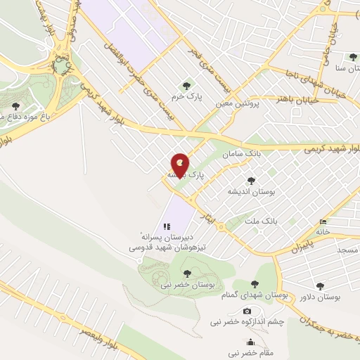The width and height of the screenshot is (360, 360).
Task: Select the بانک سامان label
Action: click(237, 153)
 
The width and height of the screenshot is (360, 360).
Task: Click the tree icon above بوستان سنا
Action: click(352, 57)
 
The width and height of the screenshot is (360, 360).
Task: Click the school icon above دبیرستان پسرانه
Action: click(167, 226)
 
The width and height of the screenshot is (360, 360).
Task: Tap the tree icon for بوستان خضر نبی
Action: click(187, 274)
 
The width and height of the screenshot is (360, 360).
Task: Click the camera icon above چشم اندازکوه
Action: click(247, 311)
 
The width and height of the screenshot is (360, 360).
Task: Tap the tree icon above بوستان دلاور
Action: click(321, 286)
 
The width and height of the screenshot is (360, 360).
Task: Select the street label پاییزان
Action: click(300, 246)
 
